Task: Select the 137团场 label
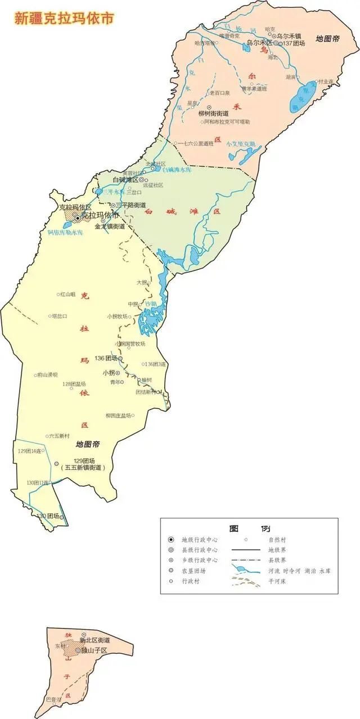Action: point(294,43)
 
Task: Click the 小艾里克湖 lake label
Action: point(241,144)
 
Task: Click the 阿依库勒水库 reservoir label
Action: point(65,232)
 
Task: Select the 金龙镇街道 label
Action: point(110,227)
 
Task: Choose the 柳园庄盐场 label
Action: point(118,415)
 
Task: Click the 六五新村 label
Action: point(58,436)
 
